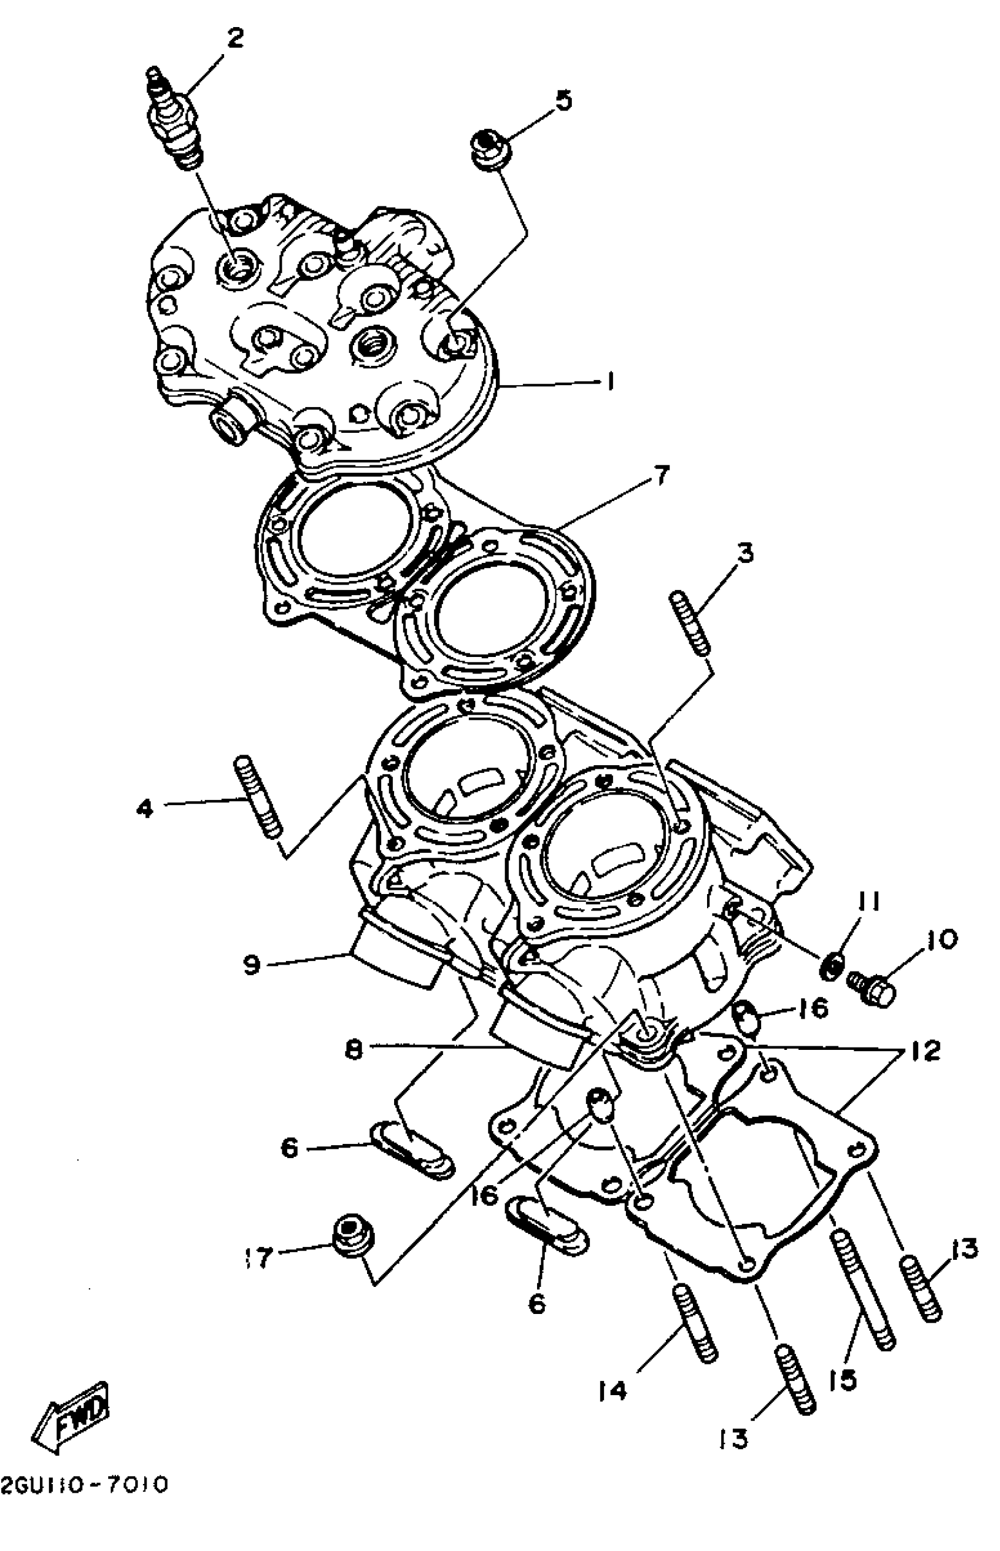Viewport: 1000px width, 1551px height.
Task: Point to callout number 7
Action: [x=661, y=476]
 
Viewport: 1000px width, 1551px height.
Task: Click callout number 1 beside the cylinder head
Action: [x=611, y=381]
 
